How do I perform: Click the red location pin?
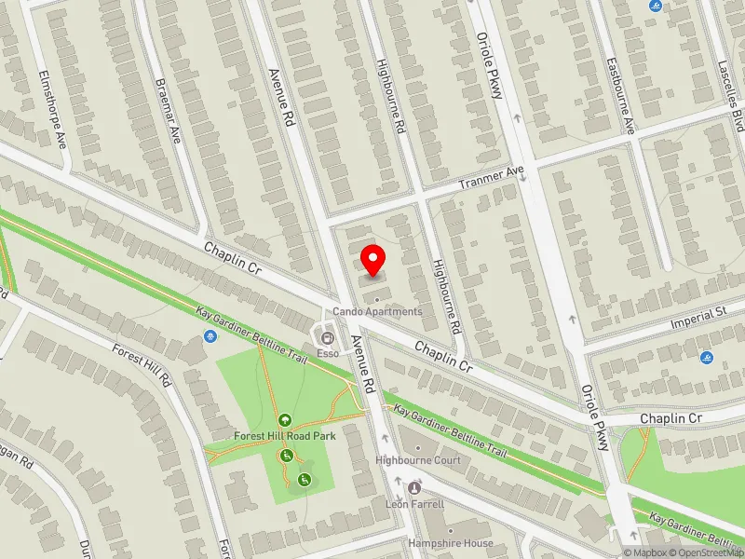373,260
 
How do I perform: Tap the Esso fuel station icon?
327,336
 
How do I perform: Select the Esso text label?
327,353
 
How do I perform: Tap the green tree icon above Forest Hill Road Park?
284,421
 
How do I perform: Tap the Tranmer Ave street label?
493,178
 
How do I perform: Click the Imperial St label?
698,317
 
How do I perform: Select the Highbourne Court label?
418,460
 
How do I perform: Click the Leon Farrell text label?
414,504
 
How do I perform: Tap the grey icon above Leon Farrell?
414,488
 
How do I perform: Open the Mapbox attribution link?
646,552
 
